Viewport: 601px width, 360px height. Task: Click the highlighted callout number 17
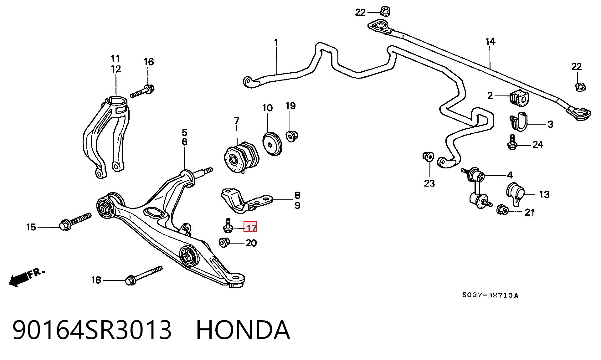(250, 227)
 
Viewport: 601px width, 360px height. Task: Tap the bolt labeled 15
(75, 221)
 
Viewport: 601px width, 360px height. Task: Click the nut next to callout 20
(223, 242)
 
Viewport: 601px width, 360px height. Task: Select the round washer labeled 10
(272, 144)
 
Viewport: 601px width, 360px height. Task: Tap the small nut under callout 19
(292, 136)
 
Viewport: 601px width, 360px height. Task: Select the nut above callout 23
(428, 156)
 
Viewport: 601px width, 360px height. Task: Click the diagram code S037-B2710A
(490, 295)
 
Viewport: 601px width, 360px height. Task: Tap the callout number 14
(490, 41)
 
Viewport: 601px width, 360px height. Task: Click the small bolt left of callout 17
(228, 226)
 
